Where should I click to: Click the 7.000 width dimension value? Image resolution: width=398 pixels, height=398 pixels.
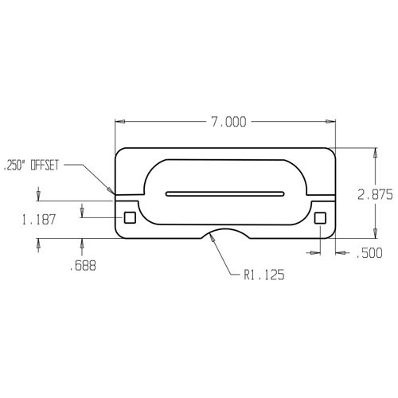coord(228,122)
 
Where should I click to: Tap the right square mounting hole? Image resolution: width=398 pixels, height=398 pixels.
coord(320,217)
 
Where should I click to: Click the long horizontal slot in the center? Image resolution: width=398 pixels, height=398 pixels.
coord(225,193)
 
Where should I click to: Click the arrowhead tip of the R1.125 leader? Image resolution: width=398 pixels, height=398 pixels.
coord(211,242)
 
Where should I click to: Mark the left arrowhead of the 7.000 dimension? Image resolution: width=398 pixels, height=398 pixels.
coord(119,122)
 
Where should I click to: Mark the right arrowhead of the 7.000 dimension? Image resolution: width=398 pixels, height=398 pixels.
coord(334,122)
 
